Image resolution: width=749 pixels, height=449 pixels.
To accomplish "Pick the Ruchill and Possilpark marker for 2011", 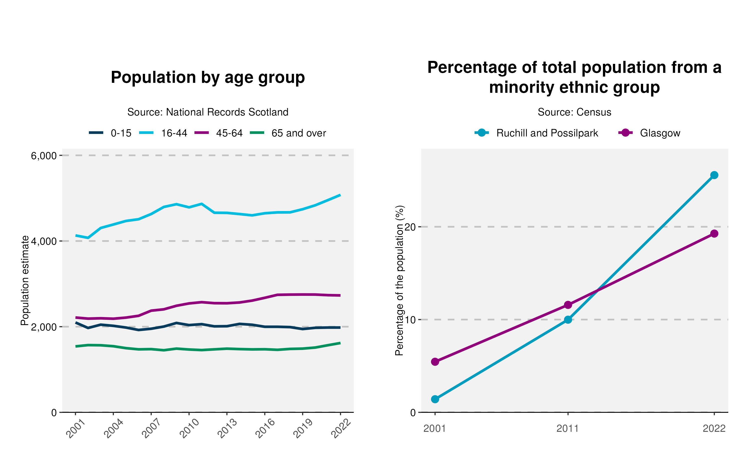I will pyautogui.click(x=568, y=320).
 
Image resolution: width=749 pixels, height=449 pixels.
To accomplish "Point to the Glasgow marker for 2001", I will pyautogui.click(x=435, y=362).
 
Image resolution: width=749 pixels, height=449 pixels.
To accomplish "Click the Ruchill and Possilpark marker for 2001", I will pyautogui.click(x=435, y=399).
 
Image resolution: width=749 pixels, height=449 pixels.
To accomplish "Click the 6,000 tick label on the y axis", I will pyautogui.click(x=44, y=156).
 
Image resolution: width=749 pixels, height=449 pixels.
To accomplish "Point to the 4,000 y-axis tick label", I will pyautogui.click(x=44, y=241).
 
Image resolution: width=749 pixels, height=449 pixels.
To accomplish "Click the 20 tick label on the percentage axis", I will pyautogui.click(x=410, y=227).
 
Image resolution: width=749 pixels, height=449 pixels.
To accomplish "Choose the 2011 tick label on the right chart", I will pyautogui.click(x=568, y=429).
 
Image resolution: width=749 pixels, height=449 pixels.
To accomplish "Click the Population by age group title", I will pyautogui.click(x=208, y=78).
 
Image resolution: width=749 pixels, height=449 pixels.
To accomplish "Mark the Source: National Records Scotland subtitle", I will pyautogui.click(x=208, y=112).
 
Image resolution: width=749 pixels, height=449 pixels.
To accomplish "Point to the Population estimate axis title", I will pyautogui.click(x=25, y=280).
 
